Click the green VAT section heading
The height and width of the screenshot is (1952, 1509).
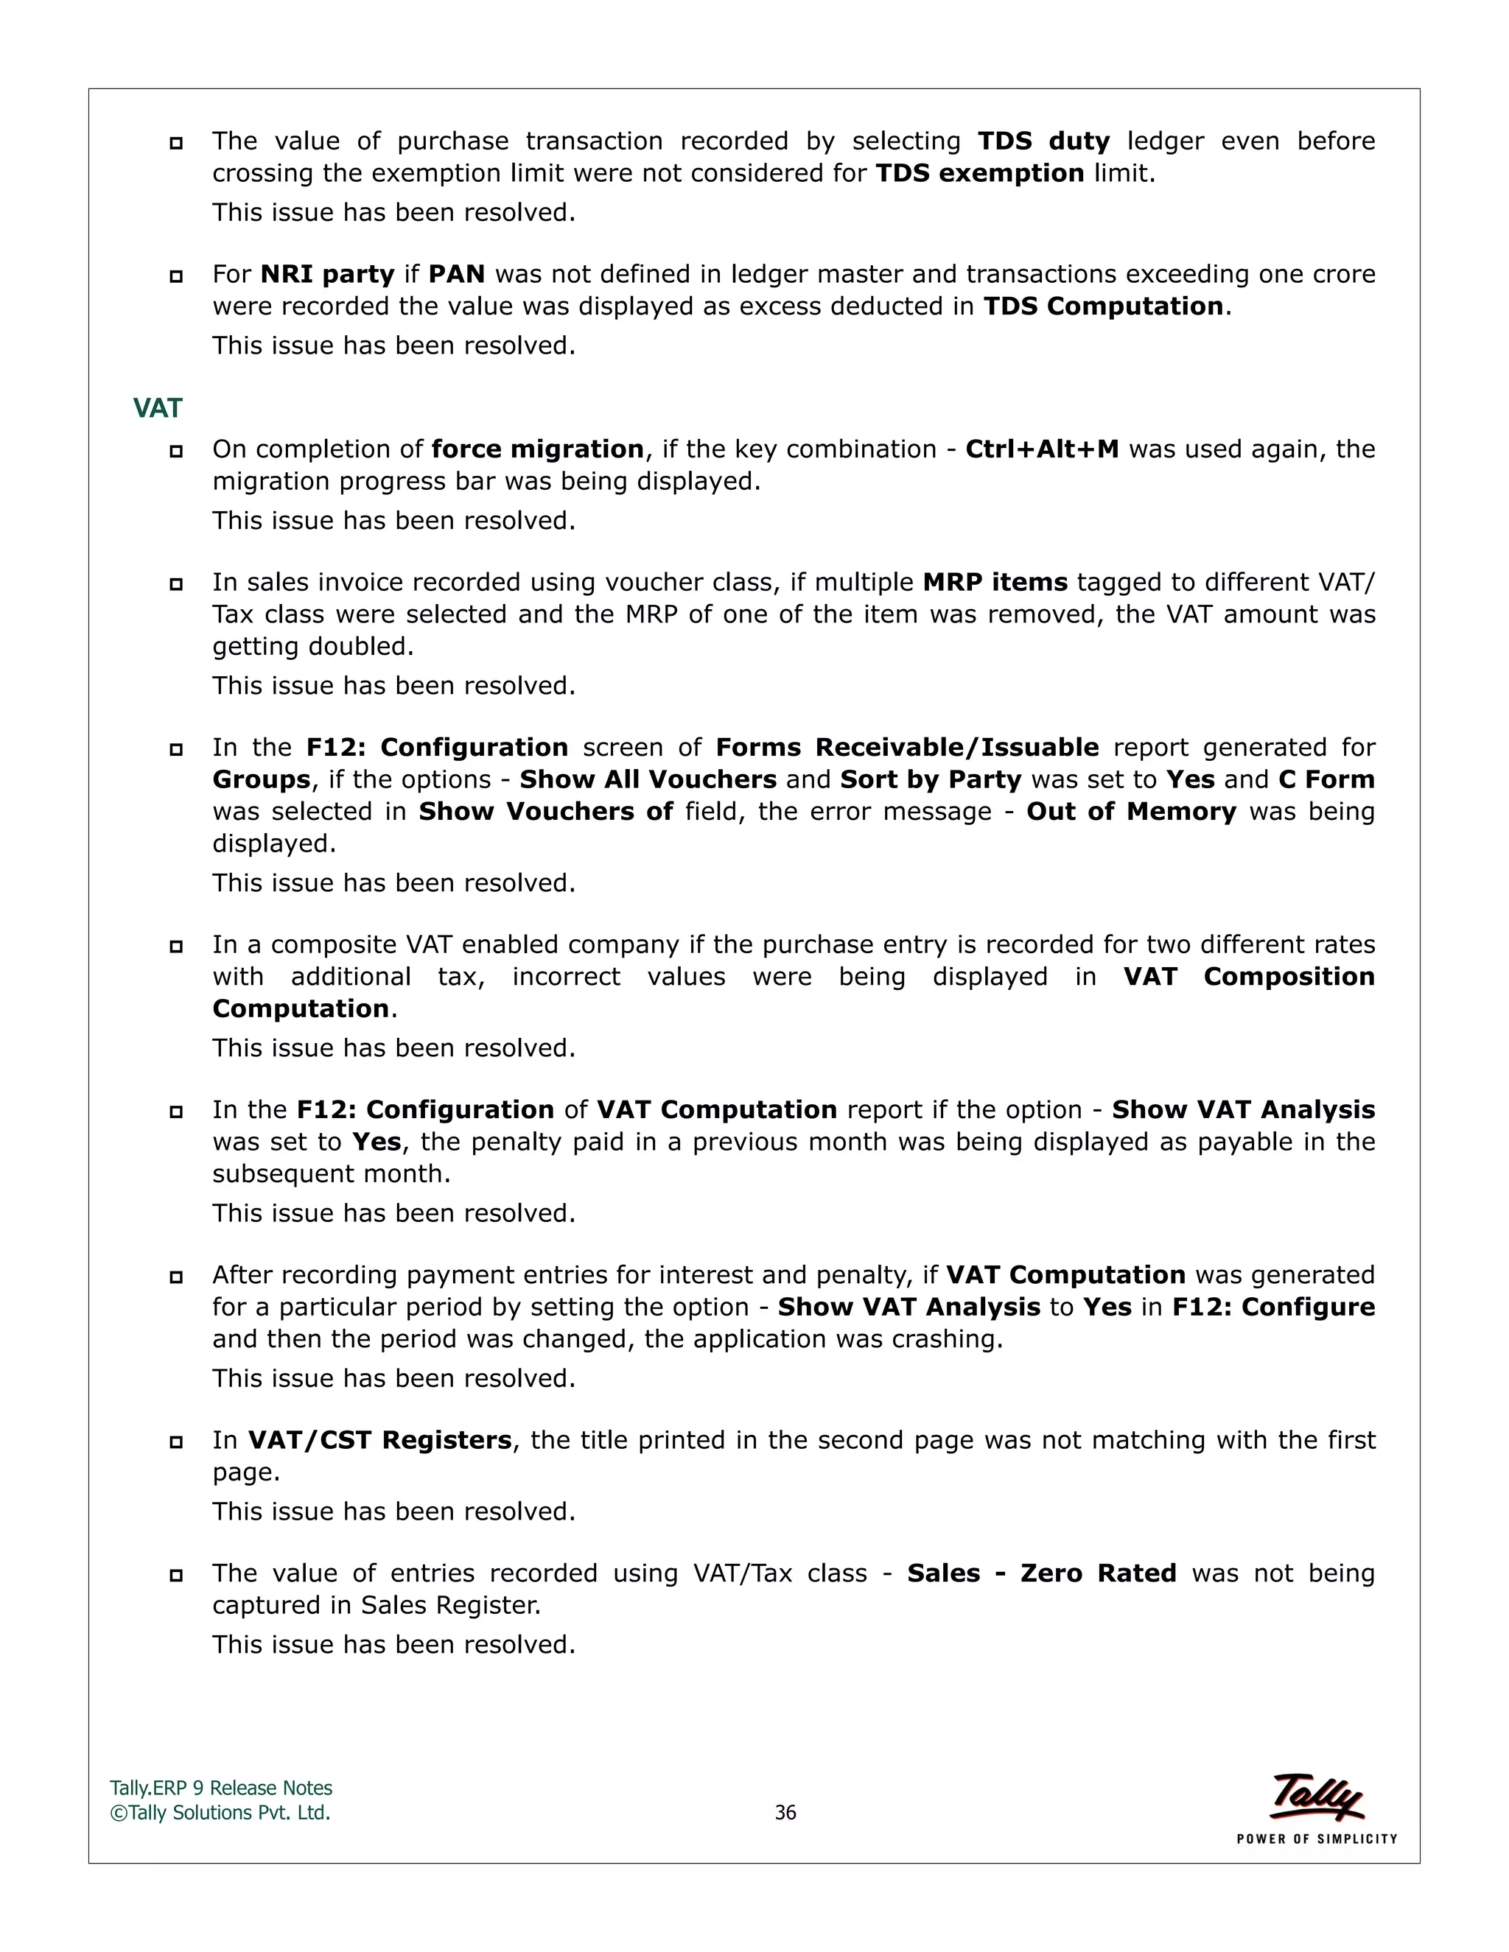158,409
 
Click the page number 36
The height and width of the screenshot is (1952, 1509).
785,1813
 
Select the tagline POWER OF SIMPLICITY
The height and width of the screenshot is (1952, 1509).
1316,1839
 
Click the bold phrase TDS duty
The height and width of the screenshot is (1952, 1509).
1043,141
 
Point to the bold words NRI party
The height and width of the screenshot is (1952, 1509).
327,275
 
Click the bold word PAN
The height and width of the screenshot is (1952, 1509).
456,275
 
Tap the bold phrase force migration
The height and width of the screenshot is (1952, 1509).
537,449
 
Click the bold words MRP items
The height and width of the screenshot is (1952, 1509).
995,583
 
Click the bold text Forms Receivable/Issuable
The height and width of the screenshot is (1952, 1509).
906,747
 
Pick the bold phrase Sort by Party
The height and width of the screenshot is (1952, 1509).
931,779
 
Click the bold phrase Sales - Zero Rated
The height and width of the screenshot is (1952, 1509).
1041,1574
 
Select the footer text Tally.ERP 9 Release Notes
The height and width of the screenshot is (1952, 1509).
221,1788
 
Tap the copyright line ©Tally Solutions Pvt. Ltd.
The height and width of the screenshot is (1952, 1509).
220,1813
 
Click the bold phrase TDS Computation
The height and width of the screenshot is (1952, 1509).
1103,306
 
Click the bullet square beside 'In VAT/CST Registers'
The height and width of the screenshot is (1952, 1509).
176,1442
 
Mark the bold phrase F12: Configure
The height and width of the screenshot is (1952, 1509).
1273,1307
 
